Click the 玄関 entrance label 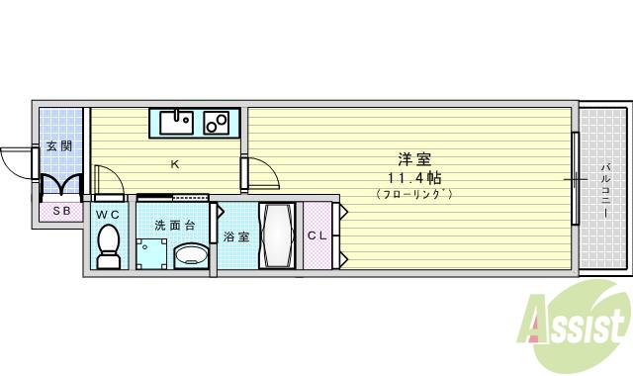[59, 146]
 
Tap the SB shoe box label [60, 211]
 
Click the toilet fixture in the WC [108, 245]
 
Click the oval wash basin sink [190, 257]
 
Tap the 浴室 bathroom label [235, 236]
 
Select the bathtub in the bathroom [276, 235]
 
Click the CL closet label [316, 235]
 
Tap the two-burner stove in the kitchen [217, 123]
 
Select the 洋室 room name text [413, 158]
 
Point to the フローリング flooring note [413, 194]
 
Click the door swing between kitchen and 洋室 [260, 174]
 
